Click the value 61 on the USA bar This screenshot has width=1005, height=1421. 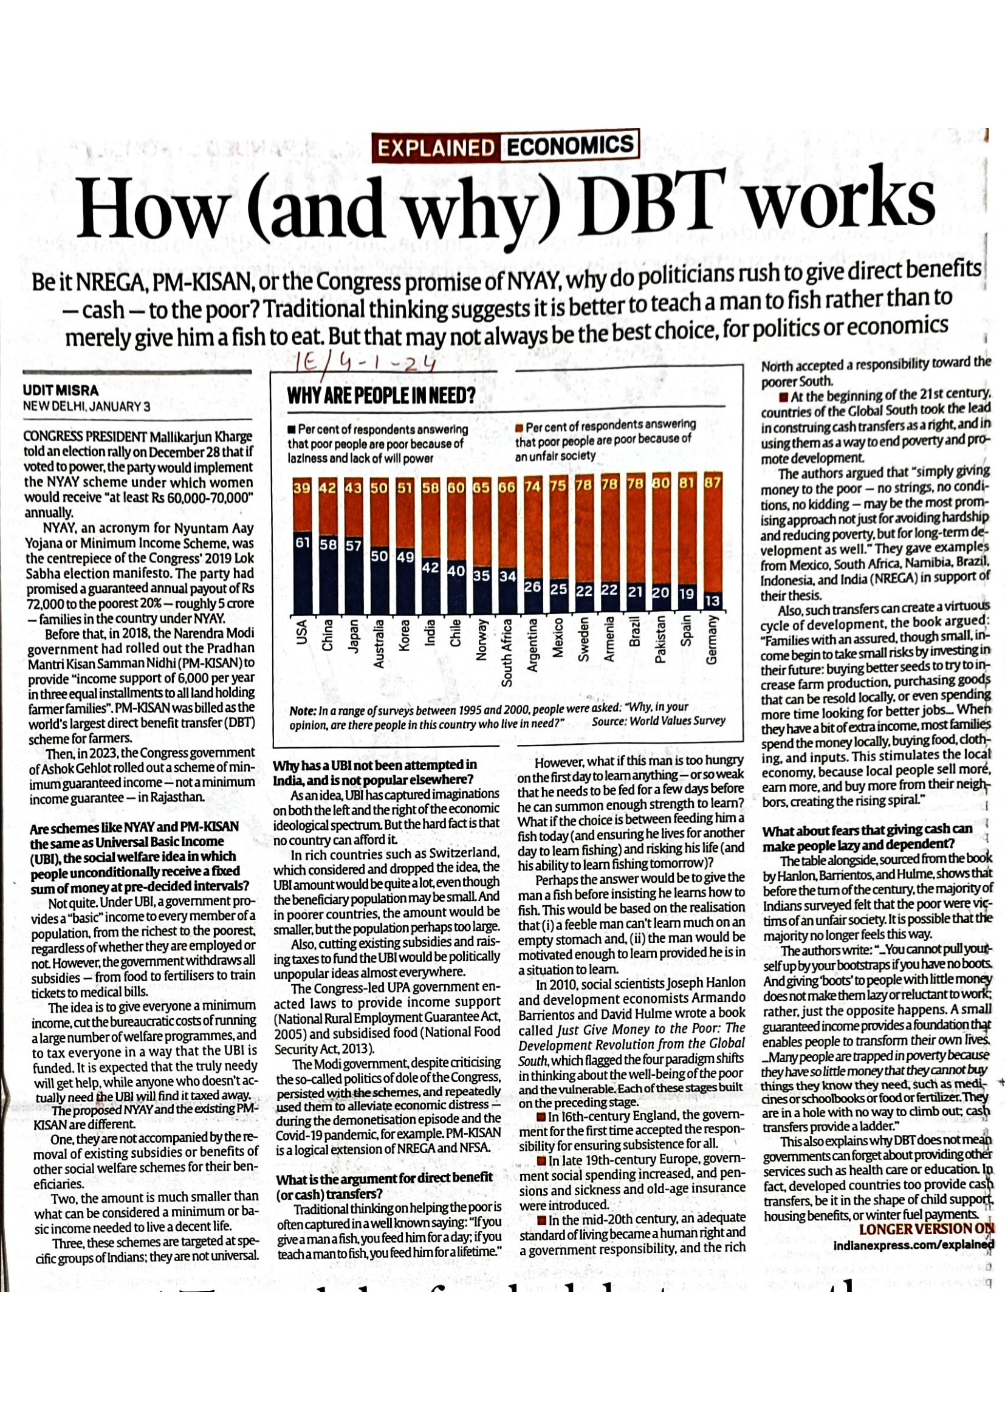[x=302, y=543]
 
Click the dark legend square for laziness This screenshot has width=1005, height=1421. [x=292, y=430]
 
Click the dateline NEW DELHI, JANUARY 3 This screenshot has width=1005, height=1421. [x=86, y=406]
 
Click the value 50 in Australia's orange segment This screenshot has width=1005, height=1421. [x=378, y=484]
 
